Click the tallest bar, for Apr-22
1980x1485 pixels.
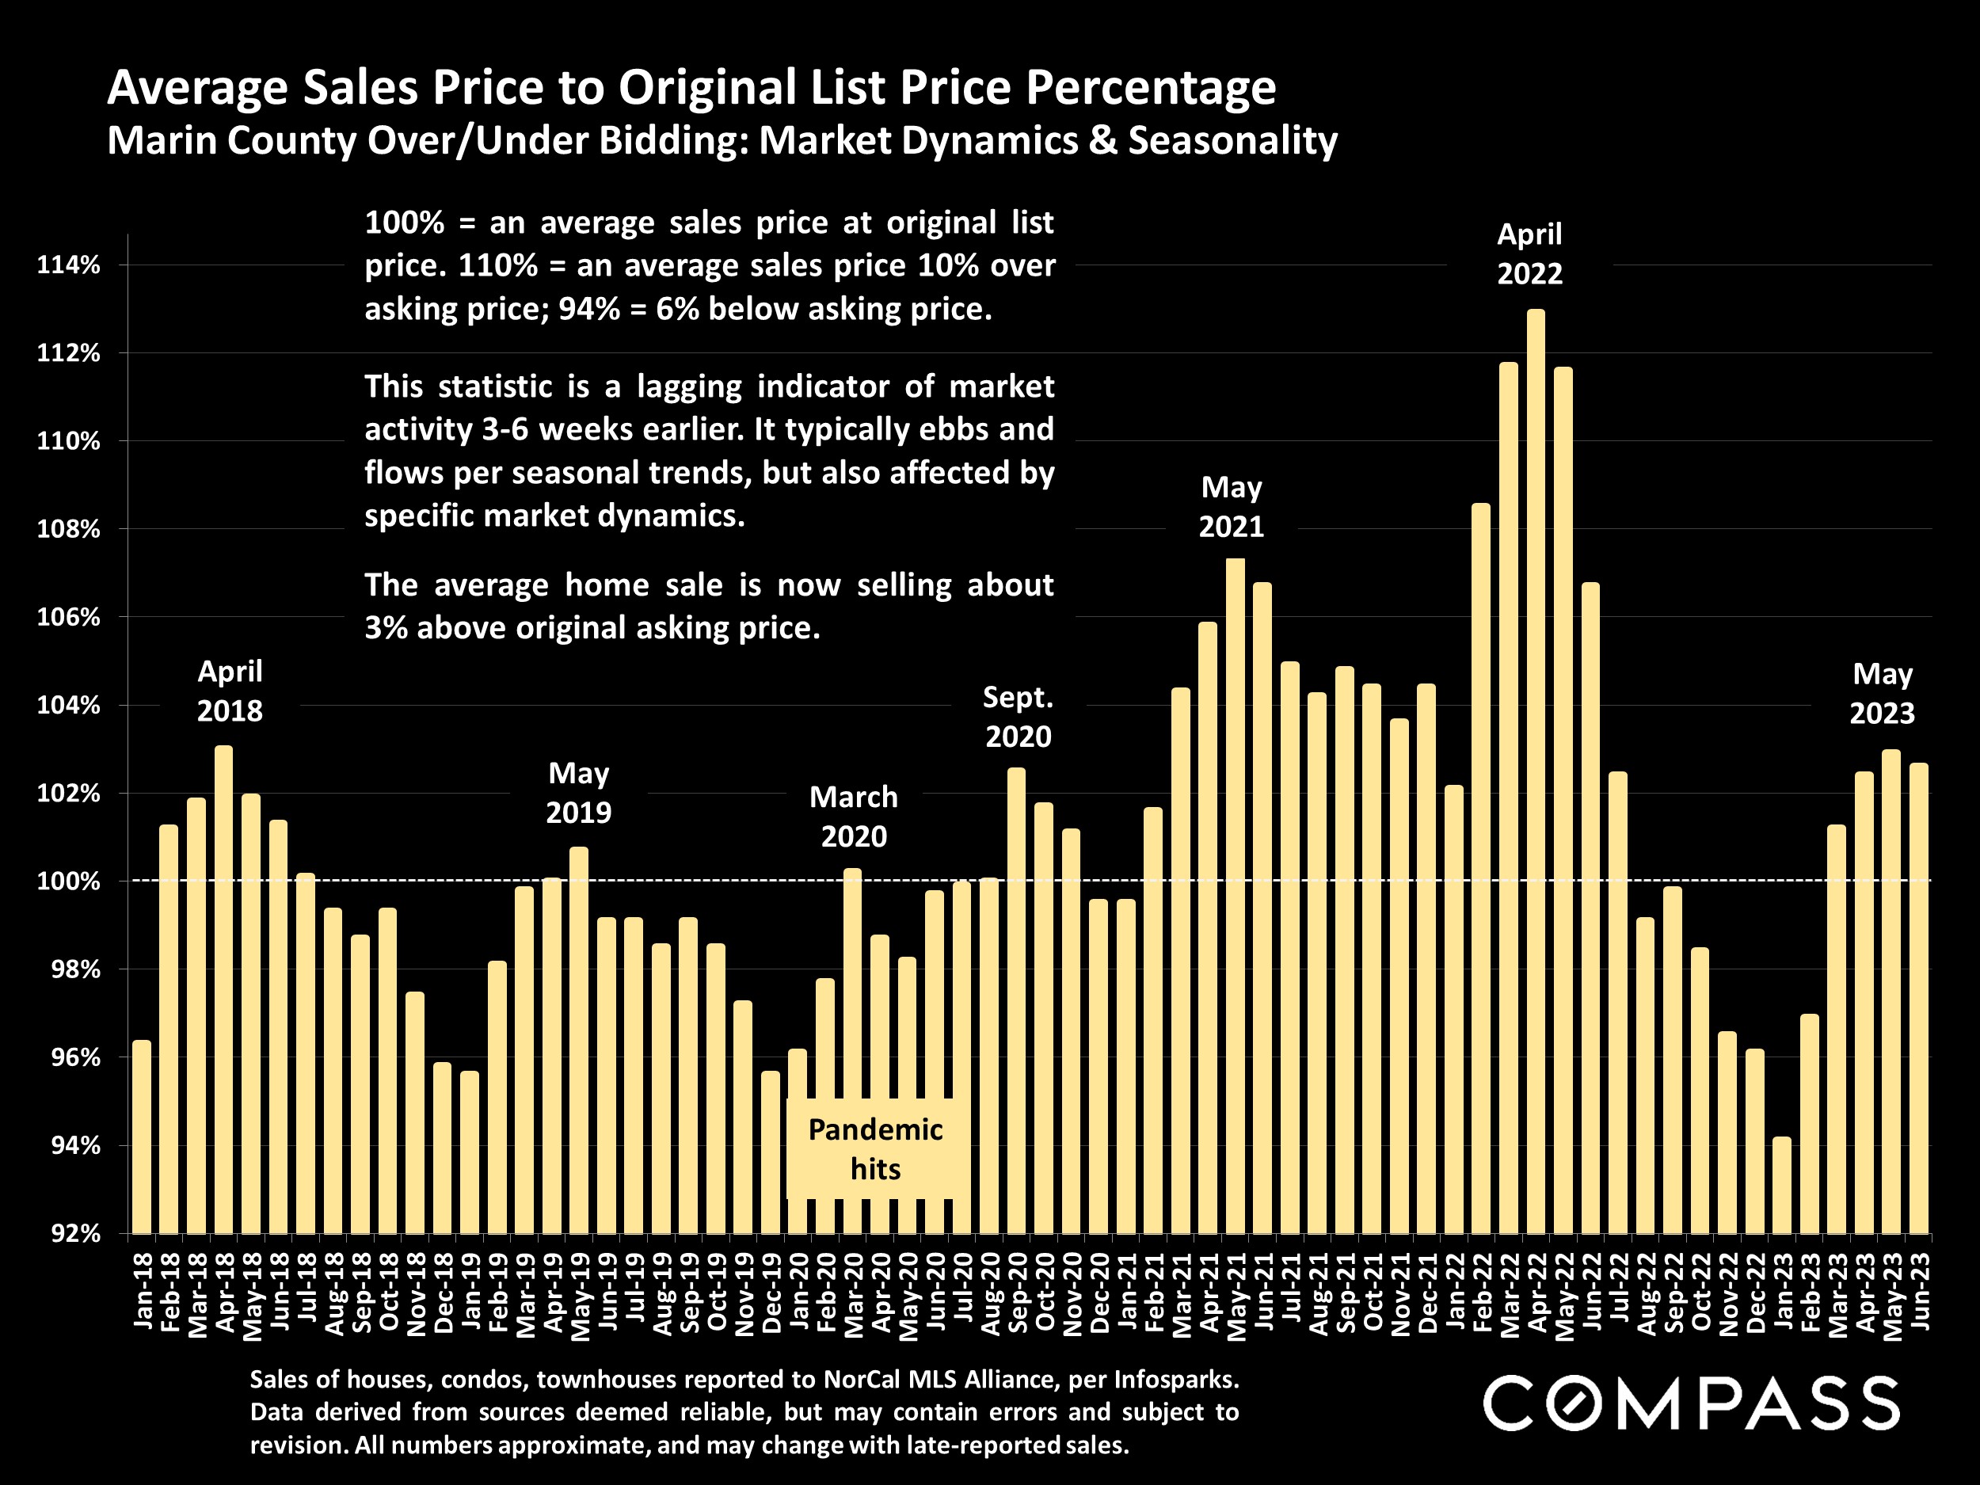(1535, 770)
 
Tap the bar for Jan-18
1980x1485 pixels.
(142, 1137)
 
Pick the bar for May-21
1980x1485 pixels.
(1236, 895)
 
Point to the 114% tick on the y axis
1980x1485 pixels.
(68, 265)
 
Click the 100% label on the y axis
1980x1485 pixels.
(68, 881)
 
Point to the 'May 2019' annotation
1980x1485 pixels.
(578, 792)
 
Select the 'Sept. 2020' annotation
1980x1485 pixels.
(1018, 716)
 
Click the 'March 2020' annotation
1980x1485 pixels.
(853, 817)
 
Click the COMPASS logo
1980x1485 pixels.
(1691, 1403)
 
